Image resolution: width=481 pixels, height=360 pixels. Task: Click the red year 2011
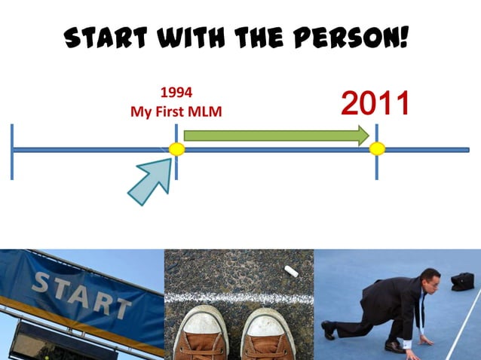pyautogui.click(x=375, y=104)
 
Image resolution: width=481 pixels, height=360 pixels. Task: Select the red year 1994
pyautogui.click(x=176, y=93)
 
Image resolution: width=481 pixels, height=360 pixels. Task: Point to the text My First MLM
pyautogui.click(x=176, y=111)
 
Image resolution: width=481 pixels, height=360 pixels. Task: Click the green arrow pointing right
pyautogui.click(x=276, y=136)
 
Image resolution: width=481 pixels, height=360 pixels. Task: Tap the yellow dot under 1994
pyautogui.click(x=176, y=149)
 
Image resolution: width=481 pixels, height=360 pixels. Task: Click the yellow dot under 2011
pyautogui.click(x=377, y=149)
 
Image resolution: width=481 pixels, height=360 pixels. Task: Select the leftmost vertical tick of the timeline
pyautogui.click(x=12, y=151)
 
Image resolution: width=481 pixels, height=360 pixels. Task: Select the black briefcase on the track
pyautogui.click(x=462, y=281)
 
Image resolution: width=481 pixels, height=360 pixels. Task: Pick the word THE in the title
pyautogui.click(x=270, y=36)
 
